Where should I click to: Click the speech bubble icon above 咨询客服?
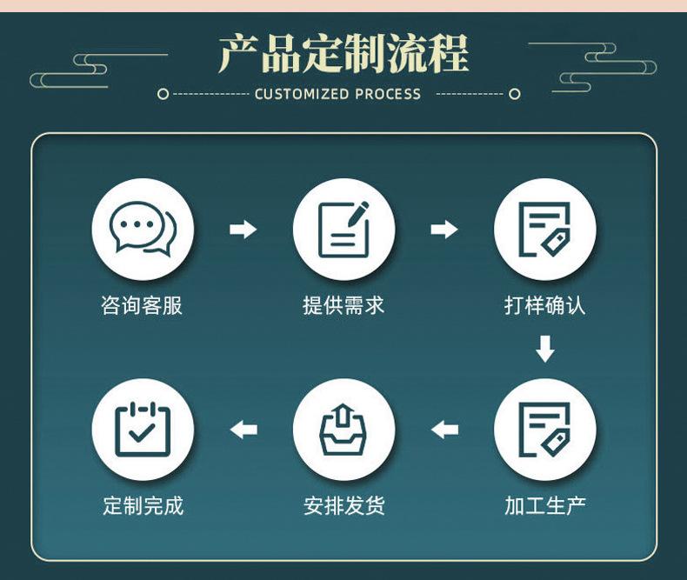143,230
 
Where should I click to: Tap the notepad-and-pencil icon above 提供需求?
343,230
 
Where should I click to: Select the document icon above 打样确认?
544,230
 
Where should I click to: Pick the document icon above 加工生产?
544,430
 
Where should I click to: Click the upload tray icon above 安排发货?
343,430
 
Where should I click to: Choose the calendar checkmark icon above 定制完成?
143,430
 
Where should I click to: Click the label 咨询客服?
143,305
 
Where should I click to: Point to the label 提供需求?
343,305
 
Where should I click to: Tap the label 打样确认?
544,305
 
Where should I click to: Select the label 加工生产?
544,505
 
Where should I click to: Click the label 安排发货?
343,505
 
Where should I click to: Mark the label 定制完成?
143,505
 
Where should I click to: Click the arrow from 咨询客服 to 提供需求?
243,230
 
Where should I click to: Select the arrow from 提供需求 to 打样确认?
444,230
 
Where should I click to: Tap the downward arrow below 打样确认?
545,350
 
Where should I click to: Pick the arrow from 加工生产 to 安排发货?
444,430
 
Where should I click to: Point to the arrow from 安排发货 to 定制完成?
243,430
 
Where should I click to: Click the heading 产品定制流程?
343,54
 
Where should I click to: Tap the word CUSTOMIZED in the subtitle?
302,94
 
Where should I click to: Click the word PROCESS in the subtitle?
388,94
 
